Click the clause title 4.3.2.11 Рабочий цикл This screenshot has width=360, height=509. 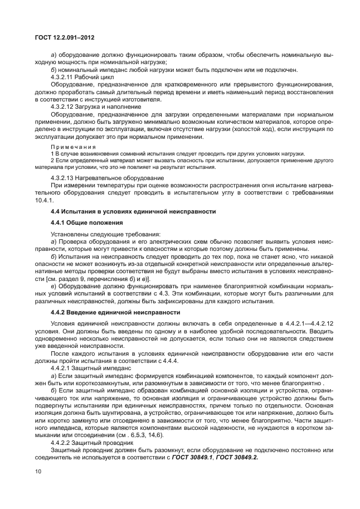[82, 76]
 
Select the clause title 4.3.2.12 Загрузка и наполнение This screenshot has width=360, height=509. [95, 106]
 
